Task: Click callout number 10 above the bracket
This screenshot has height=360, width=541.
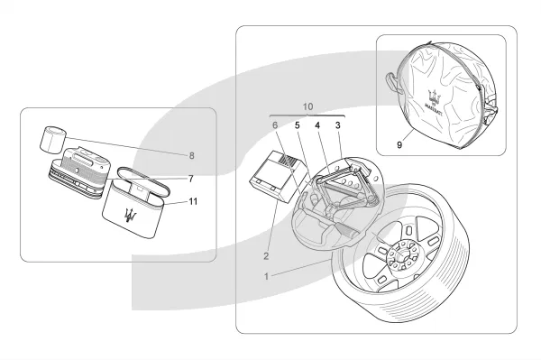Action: (307, 106)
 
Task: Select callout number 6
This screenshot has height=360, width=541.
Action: (275, 125)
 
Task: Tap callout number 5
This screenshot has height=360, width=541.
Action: (297, 125)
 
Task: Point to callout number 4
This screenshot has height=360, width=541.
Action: (317, 125)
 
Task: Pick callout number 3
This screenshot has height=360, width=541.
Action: (338, 125)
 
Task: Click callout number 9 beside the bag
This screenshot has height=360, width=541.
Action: (399, 145)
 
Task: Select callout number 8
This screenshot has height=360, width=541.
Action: (192, 156)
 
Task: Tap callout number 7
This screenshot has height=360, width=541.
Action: (191, 179)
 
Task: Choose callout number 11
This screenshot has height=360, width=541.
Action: (193, 201)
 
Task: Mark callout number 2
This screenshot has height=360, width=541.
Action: (266, 256)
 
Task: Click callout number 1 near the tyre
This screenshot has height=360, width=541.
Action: (266, 276)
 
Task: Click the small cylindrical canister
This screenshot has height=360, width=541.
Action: (53, 140)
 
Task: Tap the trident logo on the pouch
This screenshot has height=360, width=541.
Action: (131, 216)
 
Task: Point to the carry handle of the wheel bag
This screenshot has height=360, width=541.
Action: (392, 82)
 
